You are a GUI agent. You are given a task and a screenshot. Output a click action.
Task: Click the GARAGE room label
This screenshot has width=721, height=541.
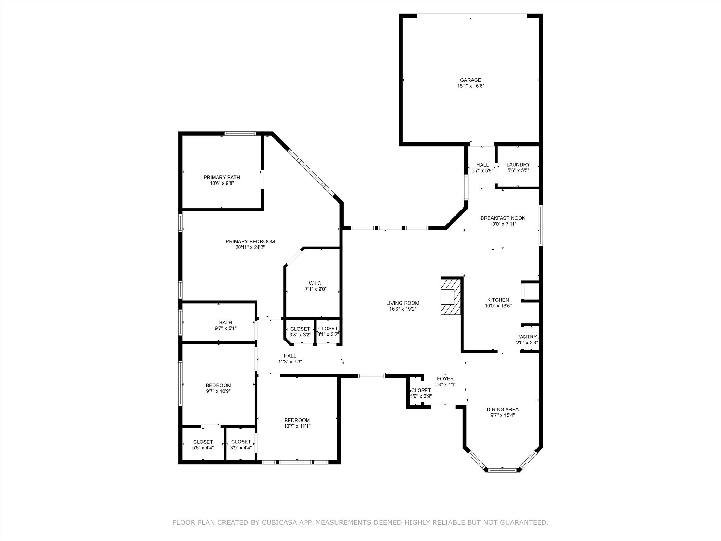470,80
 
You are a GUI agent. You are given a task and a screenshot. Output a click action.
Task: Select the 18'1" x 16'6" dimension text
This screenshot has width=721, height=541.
470,86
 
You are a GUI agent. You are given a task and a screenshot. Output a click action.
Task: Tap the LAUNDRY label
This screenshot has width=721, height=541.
518,164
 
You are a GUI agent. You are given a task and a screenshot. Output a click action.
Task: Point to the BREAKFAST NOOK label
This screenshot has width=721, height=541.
503,218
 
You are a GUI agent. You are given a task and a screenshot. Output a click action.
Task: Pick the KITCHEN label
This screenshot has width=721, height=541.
498,300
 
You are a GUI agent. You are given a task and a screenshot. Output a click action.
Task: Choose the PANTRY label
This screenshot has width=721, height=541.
527,337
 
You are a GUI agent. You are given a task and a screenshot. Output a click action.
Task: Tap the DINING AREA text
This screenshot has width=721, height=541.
502,409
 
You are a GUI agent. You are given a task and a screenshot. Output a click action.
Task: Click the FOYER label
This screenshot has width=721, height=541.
445,379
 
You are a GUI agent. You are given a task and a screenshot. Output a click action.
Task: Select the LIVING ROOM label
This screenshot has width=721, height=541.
402,303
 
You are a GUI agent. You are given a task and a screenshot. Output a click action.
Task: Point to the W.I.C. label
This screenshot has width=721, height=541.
315,283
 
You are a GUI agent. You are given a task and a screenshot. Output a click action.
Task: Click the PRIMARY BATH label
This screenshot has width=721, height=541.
221,177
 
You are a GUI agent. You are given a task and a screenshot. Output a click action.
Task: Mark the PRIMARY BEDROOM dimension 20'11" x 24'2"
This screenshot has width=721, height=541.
250,247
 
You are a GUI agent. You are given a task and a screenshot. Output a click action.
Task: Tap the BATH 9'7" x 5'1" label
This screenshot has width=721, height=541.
225,325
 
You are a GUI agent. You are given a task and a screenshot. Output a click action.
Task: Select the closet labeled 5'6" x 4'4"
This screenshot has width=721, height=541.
203,445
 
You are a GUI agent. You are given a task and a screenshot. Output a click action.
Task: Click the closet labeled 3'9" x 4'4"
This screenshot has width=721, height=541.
241,445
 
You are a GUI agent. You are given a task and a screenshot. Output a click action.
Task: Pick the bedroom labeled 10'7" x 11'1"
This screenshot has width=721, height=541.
297,423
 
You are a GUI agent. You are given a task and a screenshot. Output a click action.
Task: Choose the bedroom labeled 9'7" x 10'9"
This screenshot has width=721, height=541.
218,388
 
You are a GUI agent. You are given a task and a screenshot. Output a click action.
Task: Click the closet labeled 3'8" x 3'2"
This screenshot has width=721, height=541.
300,332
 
